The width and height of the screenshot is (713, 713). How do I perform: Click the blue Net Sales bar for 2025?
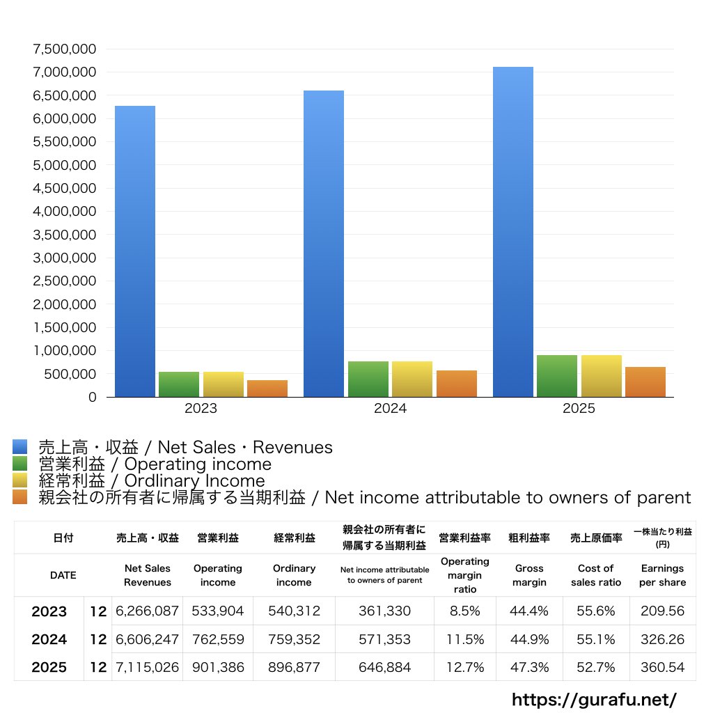coord(513,232)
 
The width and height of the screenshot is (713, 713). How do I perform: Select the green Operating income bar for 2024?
coord(368,379)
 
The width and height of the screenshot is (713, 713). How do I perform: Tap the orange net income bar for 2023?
coord(267,389)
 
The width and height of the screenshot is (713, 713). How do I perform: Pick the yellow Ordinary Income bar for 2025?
coord(602,376)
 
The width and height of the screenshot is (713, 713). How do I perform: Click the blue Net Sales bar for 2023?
coord(135,251)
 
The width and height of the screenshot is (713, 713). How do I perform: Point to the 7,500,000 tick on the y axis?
coord(64,49)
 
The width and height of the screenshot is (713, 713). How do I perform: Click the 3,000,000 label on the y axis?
coord(64,258)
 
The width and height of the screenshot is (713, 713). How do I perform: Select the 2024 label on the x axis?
coord(390,409)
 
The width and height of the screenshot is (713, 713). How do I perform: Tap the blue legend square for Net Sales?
coord(19,447)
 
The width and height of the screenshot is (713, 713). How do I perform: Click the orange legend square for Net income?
coord(19,497)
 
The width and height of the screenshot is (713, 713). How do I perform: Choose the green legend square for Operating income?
coord(19,464)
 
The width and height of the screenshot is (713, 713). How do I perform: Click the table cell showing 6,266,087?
coord(148,611)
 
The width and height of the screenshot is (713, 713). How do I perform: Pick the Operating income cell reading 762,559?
coord(218,639)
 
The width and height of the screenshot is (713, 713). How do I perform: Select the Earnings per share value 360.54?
coord(662,667)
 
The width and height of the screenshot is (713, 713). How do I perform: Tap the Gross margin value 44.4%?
coord(529,611)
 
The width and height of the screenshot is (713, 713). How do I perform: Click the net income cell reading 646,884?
coord(384,667)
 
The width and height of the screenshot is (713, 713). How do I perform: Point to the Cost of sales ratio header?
coord(595,575)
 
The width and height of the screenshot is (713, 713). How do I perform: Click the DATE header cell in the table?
coord(63,575)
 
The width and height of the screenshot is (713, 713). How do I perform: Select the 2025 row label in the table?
coord(49,667)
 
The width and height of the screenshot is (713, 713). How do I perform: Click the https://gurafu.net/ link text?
coord(594,699)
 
